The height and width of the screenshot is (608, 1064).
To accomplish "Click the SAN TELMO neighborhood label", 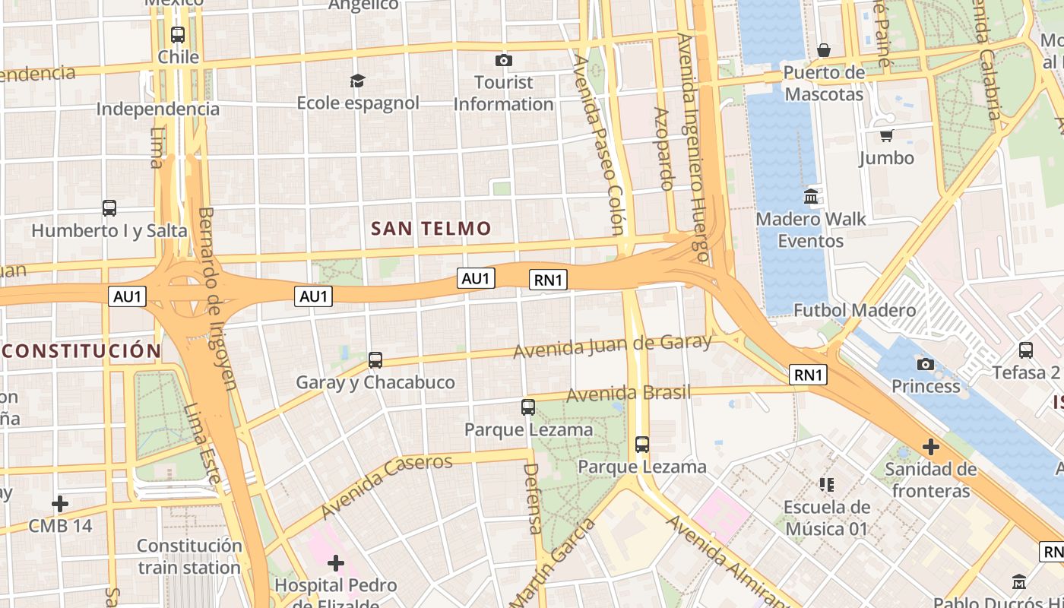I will (x=431, y=228).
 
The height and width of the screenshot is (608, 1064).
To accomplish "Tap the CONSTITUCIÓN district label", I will (x=81, y=351).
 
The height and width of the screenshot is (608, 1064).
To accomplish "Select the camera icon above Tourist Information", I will (x=503, y=60).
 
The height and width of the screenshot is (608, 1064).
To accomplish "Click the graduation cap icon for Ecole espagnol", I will (x=357, y=81).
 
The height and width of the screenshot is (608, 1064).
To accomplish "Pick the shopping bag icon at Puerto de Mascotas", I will (x=823, y=51).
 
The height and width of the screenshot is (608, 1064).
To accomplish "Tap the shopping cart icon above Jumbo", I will (x=886, y=136).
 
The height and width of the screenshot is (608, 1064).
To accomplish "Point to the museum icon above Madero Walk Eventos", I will (x=810, y=197).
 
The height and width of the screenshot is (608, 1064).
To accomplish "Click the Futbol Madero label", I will (x=854, y=310).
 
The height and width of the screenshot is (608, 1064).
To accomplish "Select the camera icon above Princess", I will (x=925, y=364).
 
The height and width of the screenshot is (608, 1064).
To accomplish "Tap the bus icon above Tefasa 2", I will (x=1025, y=350).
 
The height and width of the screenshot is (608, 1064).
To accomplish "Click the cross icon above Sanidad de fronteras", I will (x=930, y=447).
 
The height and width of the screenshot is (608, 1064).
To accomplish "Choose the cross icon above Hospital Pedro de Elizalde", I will (x=335, y=563).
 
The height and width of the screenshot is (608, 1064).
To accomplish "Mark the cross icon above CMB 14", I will (x=60, y=503).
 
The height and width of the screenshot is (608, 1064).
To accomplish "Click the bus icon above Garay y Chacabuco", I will (x=375, y=360).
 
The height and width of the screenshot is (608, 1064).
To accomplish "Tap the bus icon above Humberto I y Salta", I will (x=109, y=207).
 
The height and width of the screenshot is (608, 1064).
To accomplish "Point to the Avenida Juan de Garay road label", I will (x=613, y=346).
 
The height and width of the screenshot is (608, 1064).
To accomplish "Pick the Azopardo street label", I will (x=663, y=148).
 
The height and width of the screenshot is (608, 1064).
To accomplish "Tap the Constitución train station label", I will (x=189, y=556).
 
